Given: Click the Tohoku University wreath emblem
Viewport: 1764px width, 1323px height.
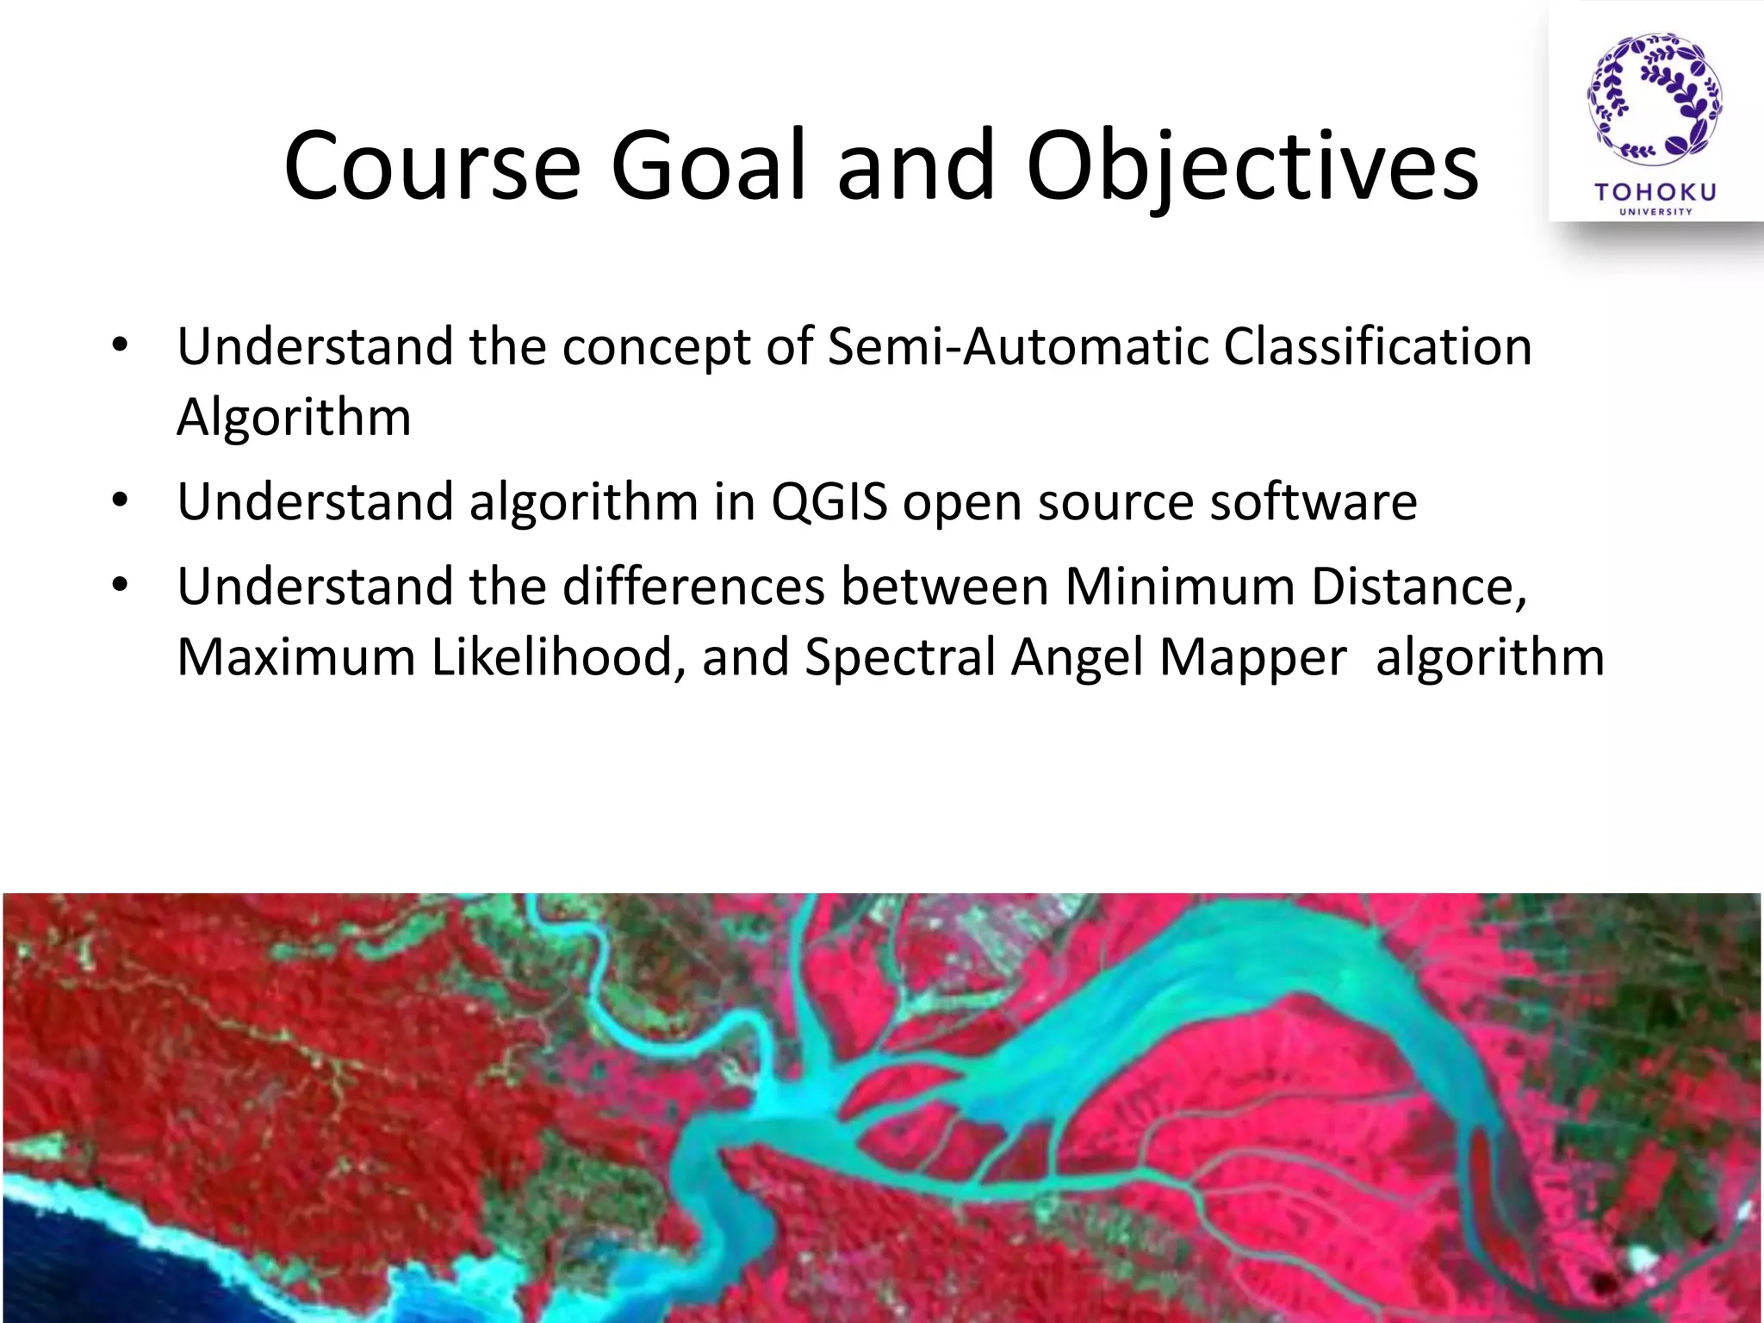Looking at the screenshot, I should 1655,99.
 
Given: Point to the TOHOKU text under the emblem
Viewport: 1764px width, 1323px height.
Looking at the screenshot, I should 1655,191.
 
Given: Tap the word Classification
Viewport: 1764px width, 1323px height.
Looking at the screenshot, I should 1377,346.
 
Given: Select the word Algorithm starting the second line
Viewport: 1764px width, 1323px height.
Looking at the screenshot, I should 294,418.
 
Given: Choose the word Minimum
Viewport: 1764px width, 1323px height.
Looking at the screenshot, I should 1180,587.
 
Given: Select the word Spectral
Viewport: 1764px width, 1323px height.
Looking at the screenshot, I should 900,657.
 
